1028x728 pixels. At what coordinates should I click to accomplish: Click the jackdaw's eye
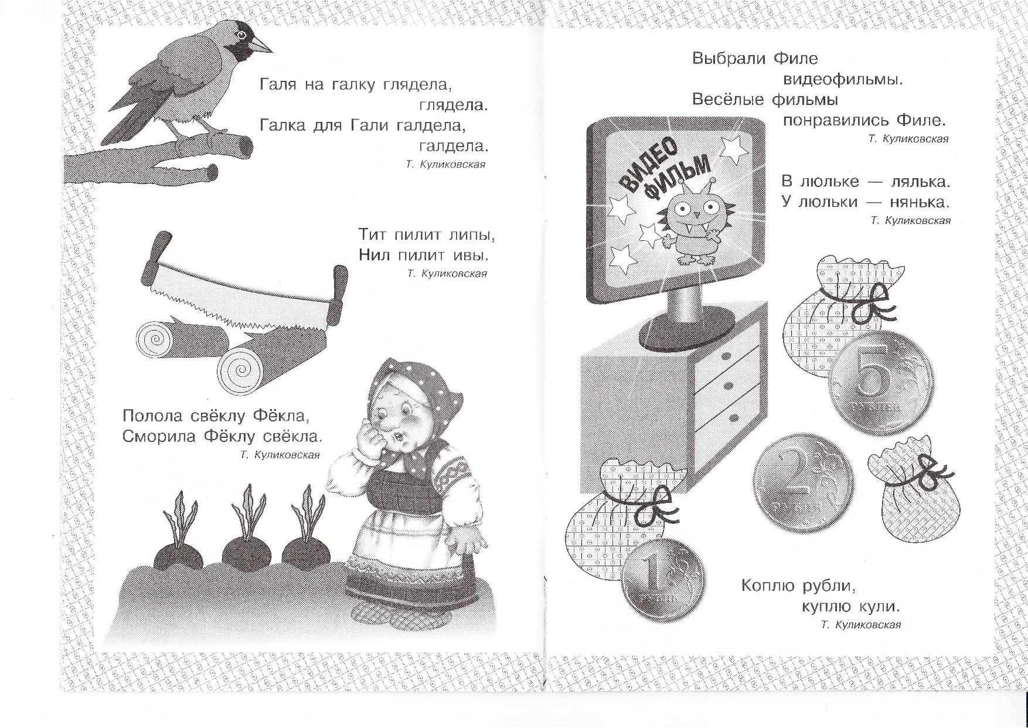point(240,36)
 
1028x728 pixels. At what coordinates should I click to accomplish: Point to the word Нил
point(373,256)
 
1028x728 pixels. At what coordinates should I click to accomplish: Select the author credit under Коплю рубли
point(861,625)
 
